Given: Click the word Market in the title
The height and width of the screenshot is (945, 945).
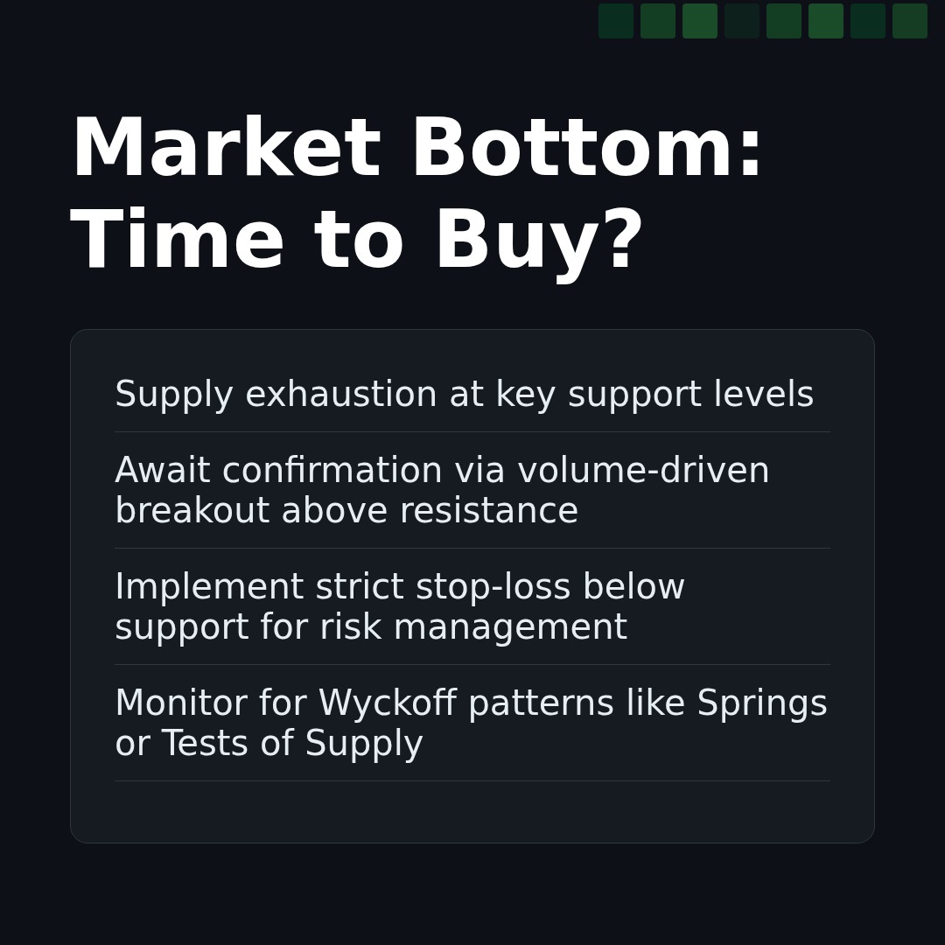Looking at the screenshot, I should coord(225,150).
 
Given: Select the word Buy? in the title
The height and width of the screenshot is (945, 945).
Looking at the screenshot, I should coord(538,242).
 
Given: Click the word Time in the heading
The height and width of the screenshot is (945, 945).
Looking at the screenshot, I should coord(177,242).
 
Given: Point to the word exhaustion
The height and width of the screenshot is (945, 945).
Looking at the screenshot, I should coord(340,395).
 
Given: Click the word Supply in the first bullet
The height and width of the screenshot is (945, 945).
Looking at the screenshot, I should coord(173,395).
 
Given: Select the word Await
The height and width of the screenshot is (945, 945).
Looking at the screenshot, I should coord(162,472).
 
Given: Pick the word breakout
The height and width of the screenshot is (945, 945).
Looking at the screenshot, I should coord(192,512).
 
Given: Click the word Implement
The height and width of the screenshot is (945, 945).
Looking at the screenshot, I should coord(208,588).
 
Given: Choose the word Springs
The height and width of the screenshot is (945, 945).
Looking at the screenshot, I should coord(761,704).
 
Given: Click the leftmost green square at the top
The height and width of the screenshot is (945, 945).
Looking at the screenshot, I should coord(616,21).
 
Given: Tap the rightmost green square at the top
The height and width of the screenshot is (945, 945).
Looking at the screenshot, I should coord(910,21).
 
